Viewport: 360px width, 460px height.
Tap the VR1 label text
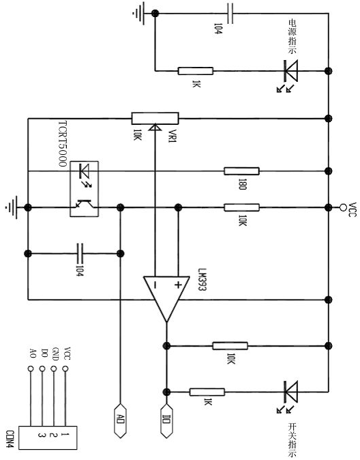click(172, 136)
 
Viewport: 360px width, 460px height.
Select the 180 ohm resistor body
click(241, 171)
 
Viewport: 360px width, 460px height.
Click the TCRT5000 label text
click(63, 144)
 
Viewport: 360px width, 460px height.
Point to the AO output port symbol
click(120, 420)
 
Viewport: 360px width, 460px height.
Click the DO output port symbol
click(166, 420)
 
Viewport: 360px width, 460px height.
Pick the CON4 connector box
click(48, 437)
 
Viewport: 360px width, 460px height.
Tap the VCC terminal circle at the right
click(343, 207)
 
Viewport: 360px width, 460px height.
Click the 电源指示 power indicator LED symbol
click(290, 71)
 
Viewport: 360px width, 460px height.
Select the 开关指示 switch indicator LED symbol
click(290, 392)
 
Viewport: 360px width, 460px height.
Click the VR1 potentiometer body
click(155, 118)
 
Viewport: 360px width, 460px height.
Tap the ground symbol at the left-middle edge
click(12, 207)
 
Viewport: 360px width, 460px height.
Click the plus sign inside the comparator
click(178, 285)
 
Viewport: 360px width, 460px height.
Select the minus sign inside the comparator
click(155, 285)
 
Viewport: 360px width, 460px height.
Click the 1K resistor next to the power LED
click(196, 71)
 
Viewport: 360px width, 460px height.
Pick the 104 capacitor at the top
click(230, 13)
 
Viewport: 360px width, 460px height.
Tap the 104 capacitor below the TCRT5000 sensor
click(80, 253)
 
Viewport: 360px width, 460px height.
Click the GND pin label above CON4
click(55, 354)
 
